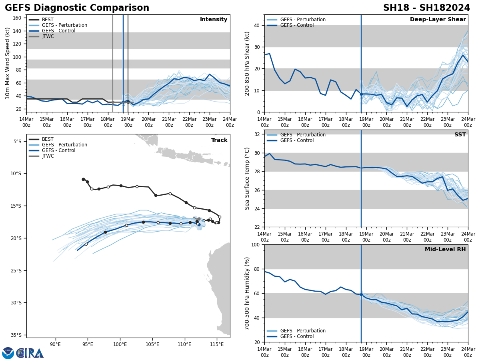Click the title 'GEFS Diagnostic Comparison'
tap(77, 8)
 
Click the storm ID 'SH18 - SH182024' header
tap(426, 8)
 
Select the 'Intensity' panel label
tap(213, 20)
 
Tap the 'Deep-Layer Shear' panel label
tap(438, 20)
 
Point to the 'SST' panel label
tap(460, 135)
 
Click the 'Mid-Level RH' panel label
tap(445, 250)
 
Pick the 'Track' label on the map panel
tap(219, 140)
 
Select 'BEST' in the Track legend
tap(48, 139)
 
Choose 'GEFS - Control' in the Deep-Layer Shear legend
tap(297, 25)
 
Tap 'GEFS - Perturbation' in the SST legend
tap(303, 135)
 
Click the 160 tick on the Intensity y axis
tap(17, 18)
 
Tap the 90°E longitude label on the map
tap(55, 344)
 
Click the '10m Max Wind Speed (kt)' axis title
tap(8, 63)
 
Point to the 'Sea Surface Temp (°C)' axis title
tap(247, 178)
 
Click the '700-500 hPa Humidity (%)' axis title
tap(247, 293)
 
